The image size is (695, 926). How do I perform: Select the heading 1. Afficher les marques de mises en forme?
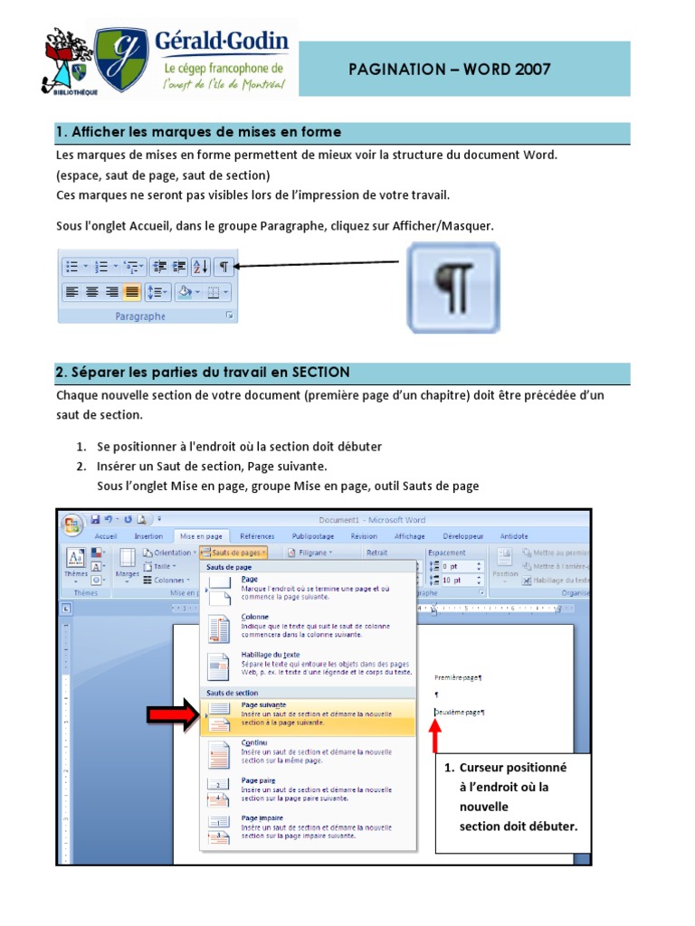[x=198, y=133]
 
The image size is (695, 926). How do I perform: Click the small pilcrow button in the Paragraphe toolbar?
[x=224, y=266]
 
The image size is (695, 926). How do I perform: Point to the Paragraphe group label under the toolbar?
[x=140, y=317]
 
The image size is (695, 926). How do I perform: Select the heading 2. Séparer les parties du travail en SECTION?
[x=203, y=373]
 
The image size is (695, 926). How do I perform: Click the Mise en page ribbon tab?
[x=202, y=536]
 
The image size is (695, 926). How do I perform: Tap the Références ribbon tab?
[x=257, y=536]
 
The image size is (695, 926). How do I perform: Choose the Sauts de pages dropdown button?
[x=233, y=552]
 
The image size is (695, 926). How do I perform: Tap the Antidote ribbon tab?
[x=514, y=536]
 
